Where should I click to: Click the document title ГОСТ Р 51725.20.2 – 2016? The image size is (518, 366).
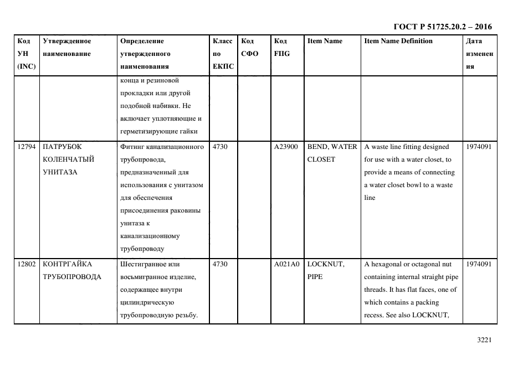coord(442,27)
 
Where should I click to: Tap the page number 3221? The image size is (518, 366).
coord(485,340)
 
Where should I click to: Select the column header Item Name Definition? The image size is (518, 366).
coord(398,41)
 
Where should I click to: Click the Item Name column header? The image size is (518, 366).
coord(325,41)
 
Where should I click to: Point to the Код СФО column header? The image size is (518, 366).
coord(250,48)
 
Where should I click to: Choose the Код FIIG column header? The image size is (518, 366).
coord(281,48)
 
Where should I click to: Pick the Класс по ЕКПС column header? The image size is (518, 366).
coord(223,54)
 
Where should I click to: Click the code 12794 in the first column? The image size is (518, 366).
coord(26,147)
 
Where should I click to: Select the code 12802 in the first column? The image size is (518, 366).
coord(26,264)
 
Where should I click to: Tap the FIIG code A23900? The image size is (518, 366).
coord(286,147)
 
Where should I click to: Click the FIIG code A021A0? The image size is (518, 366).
coord(286,264)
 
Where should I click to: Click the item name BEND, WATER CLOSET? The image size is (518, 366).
coord(332,153)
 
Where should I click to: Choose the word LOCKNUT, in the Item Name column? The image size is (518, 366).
coord(326,264)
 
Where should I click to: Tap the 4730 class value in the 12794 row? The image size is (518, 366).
coord(220,147)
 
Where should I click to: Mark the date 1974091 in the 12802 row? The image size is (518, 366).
coord(479,264)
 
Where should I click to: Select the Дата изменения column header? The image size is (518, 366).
coord(479,54)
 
